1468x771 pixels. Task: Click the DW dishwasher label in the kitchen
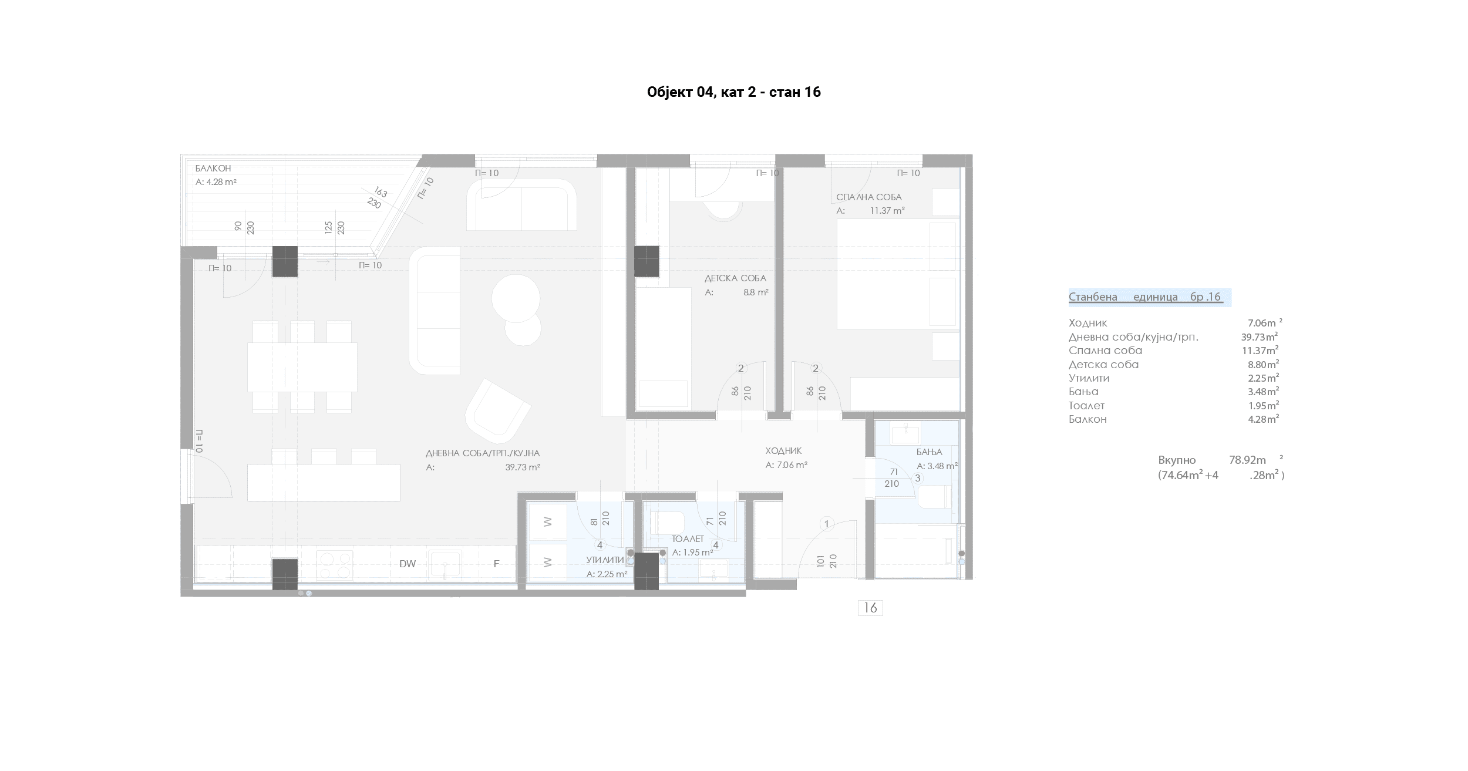coord(408,564)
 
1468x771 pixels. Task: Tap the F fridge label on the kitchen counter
coord(496,564)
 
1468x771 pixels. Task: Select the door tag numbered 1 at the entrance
coord(827,524)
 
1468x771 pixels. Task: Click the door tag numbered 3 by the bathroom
coord(918,478)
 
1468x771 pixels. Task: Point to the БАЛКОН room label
coord(213,169)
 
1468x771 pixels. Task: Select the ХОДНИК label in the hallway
coord(783,451)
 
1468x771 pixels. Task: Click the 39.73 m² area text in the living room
coord(523,467)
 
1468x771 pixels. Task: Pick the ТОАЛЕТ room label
coord(688,539)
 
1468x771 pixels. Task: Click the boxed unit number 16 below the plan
coord(870,608)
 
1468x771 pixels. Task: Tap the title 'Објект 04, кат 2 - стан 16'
coord(733,92)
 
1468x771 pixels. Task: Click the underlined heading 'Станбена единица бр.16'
coord(1145,297)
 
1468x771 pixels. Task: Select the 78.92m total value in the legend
coord(1248,460)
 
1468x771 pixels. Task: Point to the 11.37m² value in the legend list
coord(1264,351)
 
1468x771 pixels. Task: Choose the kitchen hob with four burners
coord(334,564)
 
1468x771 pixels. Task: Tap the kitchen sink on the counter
coord(445,565)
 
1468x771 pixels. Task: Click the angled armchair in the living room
coord(498,411)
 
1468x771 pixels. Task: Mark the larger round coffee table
coord(516,298)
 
